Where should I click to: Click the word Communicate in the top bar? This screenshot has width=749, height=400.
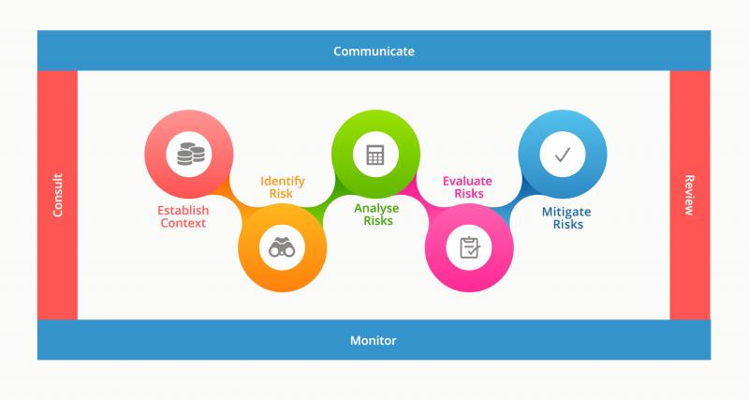(374, 52)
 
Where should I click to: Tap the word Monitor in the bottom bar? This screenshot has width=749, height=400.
(373, 340)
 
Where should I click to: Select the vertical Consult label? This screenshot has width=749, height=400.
(58, 195)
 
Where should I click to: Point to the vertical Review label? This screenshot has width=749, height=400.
(689, 195)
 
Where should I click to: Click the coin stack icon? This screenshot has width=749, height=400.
(191, 154)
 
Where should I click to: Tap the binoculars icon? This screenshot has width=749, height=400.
(282, 247)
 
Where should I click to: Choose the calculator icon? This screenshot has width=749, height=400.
(375, 155)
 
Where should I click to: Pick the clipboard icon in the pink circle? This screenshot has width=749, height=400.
(469, 247)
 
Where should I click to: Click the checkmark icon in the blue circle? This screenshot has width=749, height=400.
(563, 155)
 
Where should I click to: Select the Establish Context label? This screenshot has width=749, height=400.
(183, 216)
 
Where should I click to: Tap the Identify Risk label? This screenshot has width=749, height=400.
(282, 187)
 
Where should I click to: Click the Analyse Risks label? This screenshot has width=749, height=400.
(377, 215)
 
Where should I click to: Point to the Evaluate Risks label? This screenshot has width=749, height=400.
(467, 187)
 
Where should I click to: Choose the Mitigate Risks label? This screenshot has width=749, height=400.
(566, 218)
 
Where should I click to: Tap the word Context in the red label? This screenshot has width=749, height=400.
(183, 223)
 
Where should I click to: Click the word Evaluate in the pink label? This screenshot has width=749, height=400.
(467, 181)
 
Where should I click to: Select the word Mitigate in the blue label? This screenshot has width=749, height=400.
(566, 213)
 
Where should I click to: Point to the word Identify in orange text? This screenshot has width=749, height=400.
(283, 182)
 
